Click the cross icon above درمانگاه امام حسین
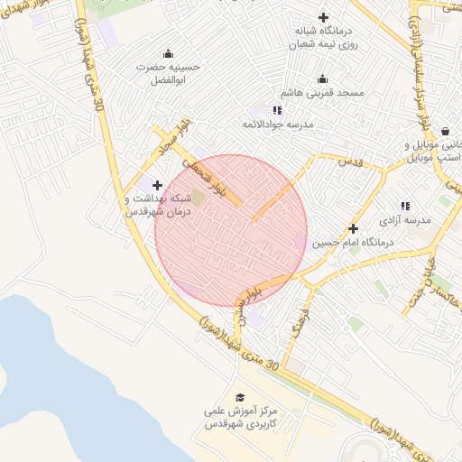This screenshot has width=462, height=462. (353, 228)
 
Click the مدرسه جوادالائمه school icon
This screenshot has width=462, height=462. (278, 110)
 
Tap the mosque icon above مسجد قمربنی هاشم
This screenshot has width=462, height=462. (323, 79)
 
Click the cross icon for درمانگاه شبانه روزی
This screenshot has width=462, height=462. (323, 16)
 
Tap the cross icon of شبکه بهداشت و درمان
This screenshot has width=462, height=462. (157, 184)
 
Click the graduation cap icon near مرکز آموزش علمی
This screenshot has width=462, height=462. (240, 397)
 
